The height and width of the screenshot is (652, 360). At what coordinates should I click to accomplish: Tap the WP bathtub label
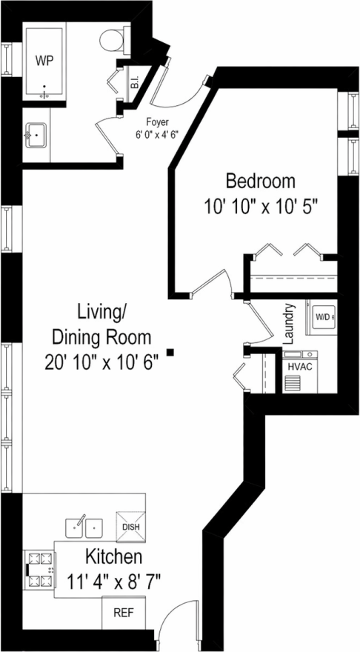point(44,60)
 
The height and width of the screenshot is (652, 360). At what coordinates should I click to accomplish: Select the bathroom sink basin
point(37,135)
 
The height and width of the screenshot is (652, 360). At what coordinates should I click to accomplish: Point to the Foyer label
point(158,122)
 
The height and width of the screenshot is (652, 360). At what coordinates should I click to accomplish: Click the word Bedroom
point(261,182)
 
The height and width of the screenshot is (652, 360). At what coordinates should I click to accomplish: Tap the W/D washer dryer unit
point(322,317)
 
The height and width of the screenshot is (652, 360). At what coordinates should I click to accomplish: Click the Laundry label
point(290,324)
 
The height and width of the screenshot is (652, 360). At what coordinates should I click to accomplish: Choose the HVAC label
point(300,367)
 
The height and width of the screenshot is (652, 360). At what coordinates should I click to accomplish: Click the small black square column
point(170,353)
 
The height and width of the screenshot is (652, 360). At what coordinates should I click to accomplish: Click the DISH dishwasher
point(130,527)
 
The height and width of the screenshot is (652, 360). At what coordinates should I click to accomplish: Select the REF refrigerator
point(124,613)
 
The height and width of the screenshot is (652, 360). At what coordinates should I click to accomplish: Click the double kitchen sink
point(84,528)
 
